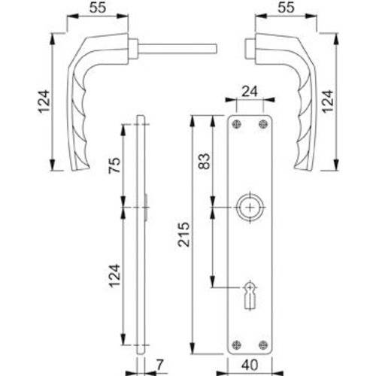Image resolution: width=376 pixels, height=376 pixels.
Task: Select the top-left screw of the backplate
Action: click(238, 124)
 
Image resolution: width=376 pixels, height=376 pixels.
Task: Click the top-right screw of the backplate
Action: click(262, 124)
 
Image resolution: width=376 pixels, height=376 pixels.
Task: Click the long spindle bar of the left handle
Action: click(180, 49)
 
